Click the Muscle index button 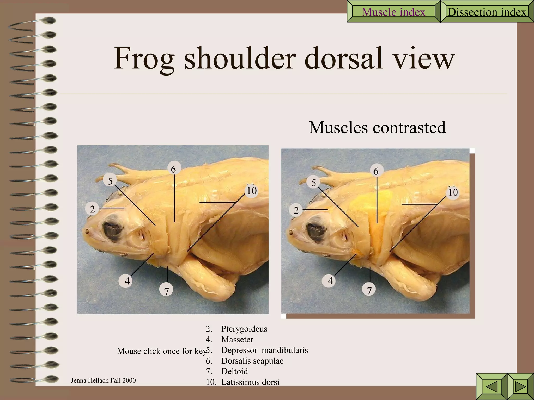click(393, 12)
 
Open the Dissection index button click(487, 12)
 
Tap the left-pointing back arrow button click(492, 386)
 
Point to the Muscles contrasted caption click(377, 127)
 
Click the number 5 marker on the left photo click(110, 181)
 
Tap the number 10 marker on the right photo click(453, 192)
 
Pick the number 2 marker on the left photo click(92, 209)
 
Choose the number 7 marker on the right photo click(369, 290)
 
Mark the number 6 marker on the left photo click(173, 169)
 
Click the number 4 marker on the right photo click(330, 281)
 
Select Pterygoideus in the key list click(244, 329)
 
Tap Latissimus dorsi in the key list click(250, 382)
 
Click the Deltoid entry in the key click(234, 371)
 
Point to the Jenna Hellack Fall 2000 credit click(103, 380)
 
